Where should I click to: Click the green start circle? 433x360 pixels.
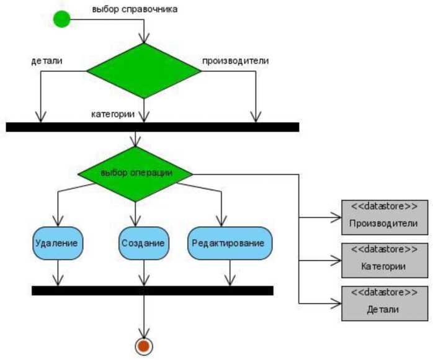62,19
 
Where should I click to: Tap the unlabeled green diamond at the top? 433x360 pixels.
144,71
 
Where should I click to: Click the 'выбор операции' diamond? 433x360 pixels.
136,173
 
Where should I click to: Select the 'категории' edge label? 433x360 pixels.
114,114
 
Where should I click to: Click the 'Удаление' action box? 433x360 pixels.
57,242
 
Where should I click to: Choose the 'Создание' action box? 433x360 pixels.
143,242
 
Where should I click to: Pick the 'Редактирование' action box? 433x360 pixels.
230,242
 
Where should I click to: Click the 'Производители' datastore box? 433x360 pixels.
385,217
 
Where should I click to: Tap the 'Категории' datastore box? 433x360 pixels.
385,260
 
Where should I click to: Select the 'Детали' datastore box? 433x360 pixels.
385,303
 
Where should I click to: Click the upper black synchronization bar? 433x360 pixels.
153,127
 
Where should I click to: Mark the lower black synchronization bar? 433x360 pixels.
153,290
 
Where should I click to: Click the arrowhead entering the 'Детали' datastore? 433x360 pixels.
337,303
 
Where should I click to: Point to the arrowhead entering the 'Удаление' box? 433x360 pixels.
58,222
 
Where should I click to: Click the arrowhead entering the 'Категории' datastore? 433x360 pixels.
337,261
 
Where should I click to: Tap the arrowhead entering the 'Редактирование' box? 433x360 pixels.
221,222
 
